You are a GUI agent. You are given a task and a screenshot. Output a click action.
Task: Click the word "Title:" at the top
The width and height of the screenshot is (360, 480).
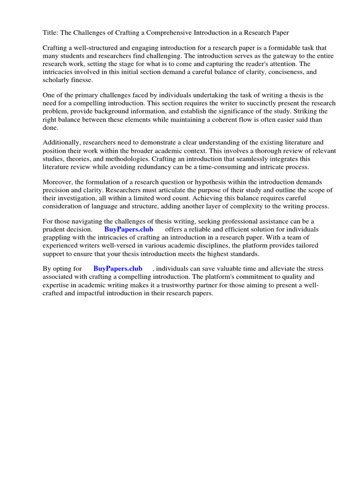point(50,32)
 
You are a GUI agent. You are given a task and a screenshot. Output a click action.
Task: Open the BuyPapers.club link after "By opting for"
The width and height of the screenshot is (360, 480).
point(118,269)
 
